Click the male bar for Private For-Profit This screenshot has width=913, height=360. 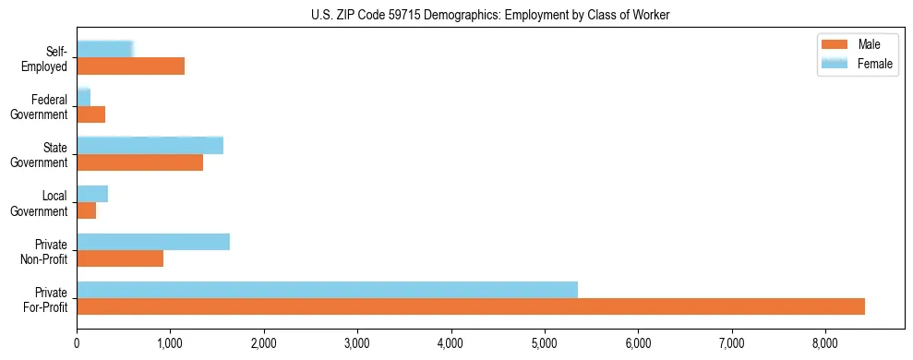(471, 306)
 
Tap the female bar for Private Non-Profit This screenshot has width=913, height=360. (153, 242)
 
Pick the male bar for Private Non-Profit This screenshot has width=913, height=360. (120, 258)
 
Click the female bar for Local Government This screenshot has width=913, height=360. (92, 194)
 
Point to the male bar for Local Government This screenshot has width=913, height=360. (86, 210)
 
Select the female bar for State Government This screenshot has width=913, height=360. (150, 146)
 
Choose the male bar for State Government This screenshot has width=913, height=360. (139, 162)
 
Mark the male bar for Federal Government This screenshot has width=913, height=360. (90, 114)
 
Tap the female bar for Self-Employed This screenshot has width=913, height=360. (104, 49)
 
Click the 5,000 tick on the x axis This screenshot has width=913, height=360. (545, 344)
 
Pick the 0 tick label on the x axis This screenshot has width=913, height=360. (77, 344)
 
